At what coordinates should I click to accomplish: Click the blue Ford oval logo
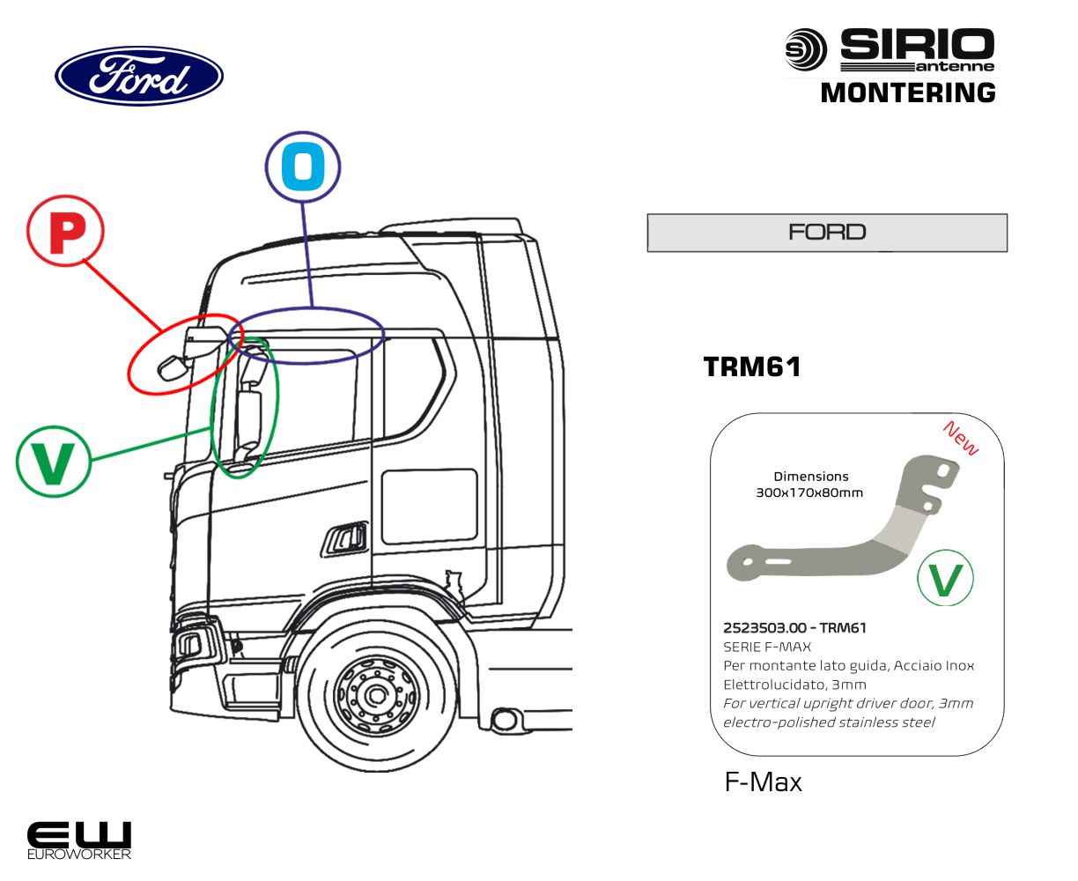(139, 77)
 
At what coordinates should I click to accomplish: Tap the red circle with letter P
(65, 233)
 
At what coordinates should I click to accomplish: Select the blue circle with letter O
(303, 167)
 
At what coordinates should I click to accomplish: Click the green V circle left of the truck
(53, 461)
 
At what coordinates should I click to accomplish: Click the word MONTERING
(908, 93)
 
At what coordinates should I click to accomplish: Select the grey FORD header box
(827, 233)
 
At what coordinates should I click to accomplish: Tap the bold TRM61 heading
(753, 366)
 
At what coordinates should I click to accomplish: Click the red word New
(960, 438)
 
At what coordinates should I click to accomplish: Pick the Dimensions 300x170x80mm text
(809, 485)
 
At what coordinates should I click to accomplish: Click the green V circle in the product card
(945, 579)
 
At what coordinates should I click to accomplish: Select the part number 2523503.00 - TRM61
(794, 628)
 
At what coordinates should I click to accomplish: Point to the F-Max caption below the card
(763, 782)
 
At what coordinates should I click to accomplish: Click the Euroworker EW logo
(79, 840)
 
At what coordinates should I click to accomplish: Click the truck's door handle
(346, 538)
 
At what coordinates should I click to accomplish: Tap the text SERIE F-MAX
(767, 647)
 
